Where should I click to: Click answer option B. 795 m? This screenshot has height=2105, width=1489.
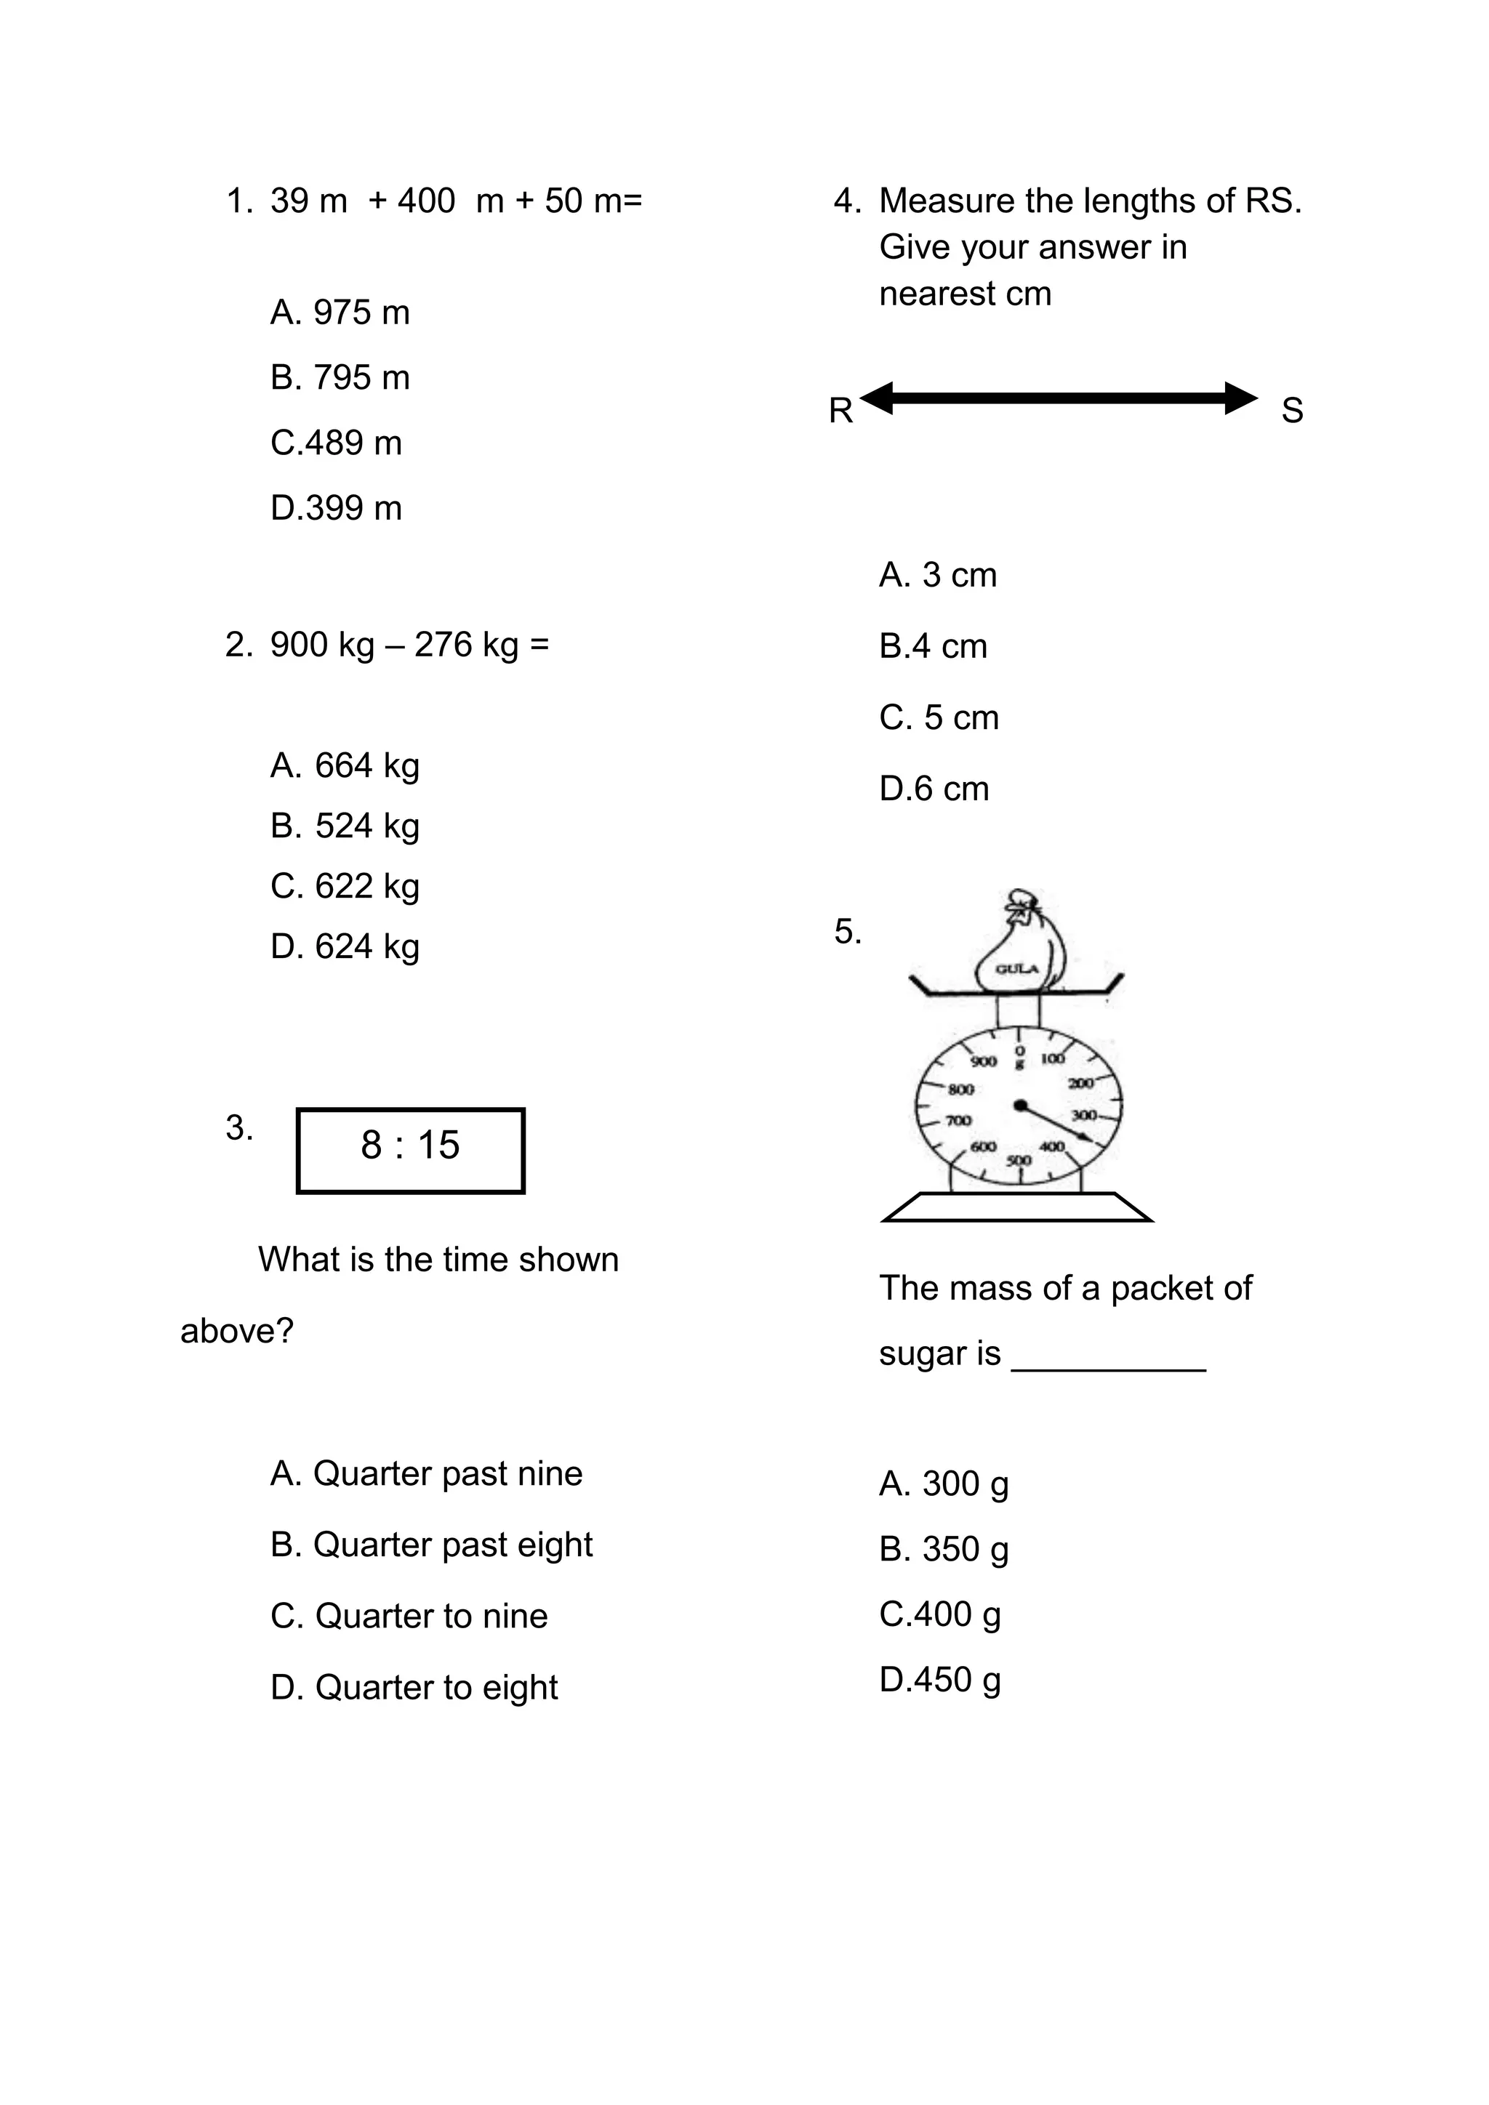340,378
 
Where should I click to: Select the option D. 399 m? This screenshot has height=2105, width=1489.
336,508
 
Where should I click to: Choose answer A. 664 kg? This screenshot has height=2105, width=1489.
345,765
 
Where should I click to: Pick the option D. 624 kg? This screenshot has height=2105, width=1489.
345,946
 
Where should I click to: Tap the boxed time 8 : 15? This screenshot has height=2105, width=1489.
410,1150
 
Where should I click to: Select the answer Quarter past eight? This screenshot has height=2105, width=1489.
431,1545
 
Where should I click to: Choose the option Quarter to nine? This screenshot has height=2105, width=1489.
409,1615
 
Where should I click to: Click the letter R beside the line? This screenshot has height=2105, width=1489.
840,411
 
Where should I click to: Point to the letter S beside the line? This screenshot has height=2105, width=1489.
1292,411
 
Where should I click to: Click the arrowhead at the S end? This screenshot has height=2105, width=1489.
1243,398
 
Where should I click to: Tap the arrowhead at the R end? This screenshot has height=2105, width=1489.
877,398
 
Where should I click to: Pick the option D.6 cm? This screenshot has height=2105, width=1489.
934,789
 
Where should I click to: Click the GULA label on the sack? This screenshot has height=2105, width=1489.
1017,969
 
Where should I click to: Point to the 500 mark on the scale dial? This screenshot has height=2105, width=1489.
1019,1161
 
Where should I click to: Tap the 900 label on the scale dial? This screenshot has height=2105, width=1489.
983,1062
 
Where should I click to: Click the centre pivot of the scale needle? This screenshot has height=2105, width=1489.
1019,1105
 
